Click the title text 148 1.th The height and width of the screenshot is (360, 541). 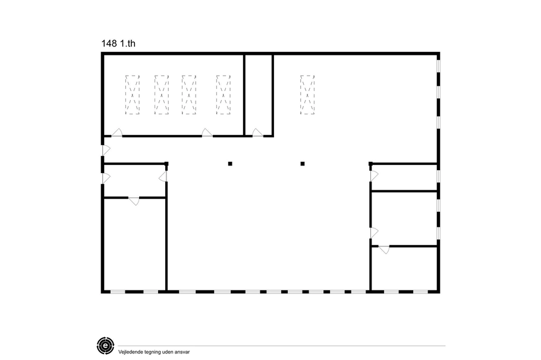[118, 43]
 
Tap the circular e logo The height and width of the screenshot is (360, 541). [105, 345]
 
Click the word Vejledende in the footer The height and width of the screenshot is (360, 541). [130, 352]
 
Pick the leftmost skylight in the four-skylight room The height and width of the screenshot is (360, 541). [133, 95]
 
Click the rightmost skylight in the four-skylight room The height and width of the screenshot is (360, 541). [223, 95]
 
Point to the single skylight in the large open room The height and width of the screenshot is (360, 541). [307, 95]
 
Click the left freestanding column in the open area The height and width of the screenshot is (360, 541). [230, 164]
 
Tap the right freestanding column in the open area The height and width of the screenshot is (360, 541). [303, 164]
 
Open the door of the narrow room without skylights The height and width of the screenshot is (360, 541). [257, 133]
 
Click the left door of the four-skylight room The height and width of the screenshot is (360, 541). [117, 133]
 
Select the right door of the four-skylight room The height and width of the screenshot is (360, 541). [207, 133]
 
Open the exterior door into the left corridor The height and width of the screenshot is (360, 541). [106, 151]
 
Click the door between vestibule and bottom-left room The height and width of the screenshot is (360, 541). [134, 201]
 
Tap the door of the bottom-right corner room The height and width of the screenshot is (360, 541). [384, 249]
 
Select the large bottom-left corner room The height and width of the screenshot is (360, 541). [135, 244]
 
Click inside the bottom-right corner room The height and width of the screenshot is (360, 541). [404, 269]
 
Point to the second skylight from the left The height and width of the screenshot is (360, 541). [162, 95]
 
